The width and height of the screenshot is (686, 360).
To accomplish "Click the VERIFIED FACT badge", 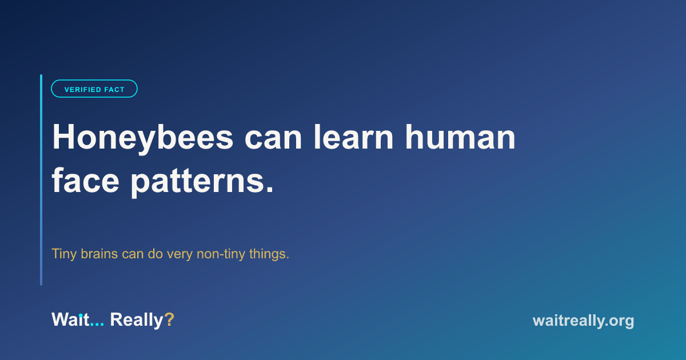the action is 94,89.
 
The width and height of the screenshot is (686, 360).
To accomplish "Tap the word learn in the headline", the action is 354,137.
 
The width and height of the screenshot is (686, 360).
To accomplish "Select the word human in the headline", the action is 461,137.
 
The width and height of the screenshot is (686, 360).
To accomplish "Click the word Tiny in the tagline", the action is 63,254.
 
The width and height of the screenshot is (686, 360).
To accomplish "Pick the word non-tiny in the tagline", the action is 221,254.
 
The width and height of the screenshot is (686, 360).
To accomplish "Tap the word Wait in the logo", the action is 70,319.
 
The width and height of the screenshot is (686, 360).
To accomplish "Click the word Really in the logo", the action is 137,321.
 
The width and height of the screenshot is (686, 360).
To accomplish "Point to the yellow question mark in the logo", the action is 169,319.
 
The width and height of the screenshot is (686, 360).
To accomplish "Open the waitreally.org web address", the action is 584,321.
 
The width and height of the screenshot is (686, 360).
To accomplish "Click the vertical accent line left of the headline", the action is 41,180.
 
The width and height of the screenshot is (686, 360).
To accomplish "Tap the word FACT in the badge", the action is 114,90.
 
